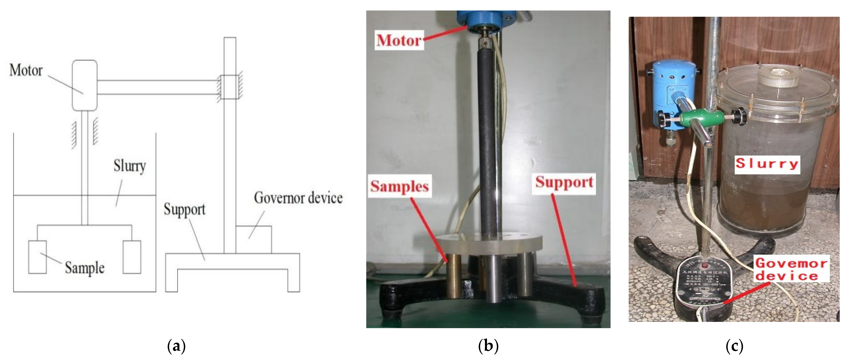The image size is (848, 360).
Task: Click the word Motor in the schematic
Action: point(26,70)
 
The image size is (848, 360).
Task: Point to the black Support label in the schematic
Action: point(184,210)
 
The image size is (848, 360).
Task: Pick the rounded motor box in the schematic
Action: point(85,85)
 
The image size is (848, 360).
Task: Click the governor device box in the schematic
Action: point(254,239)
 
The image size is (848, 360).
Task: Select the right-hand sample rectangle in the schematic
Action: point(132,257)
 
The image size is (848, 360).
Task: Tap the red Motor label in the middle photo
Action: point(399,40)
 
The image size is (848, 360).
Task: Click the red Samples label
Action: point(399,186)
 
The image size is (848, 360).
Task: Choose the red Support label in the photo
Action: point(564,182)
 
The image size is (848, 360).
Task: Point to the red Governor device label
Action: point(791,269)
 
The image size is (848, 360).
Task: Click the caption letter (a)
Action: point(176,346)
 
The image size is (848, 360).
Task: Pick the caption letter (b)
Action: point(488,346)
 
